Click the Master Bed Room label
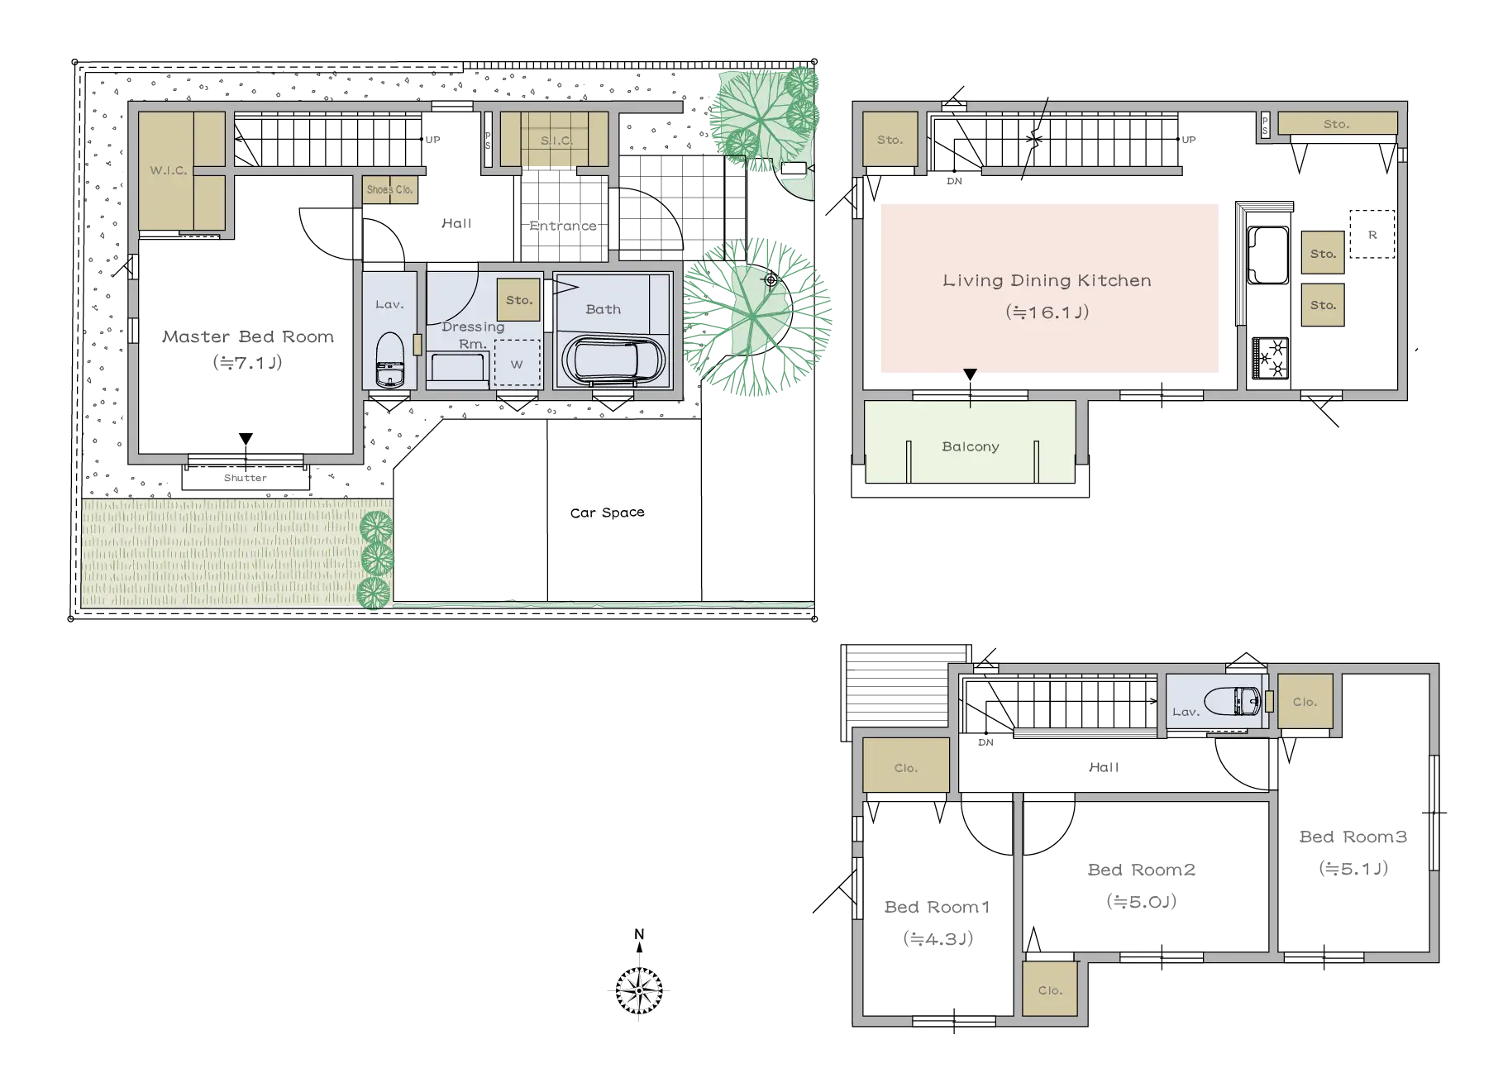(x=248, y=336)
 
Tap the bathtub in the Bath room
(x=613, y=360)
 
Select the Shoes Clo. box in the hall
(x=390, y=189)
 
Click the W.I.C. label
(x=169, y=170)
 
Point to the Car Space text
(x=608, y=513)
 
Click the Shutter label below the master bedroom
(x=246, y=478)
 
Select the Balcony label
(x=971, y=446)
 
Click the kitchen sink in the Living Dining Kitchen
(x=1267, y=255)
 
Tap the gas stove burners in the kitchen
(x=1271, y=358)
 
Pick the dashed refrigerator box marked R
(x=1372, y=235)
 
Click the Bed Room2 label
(x=1142, y=870)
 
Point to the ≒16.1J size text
(x=1047, y=312)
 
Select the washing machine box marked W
(x=518, y=364)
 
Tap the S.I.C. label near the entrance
(x=556, y=141)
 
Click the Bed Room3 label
(x=1353, y=837)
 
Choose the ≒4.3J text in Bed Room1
(x=938, y=938)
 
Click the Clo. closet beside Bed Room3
(x=1305, y=702)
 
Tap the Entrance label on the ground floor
(x=563, y=226)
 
